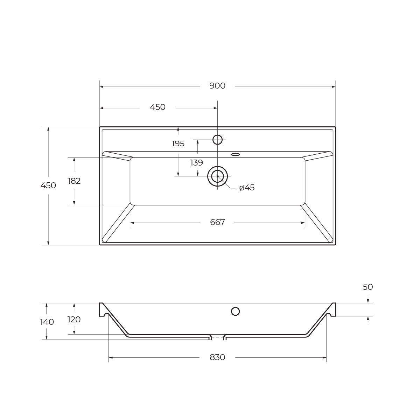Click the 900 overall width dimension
(217, 86)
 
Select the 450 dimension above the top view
(157, 107)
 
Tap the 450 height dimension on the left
(48, 185)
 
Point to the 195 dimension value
(178, 144)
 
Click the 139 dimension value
(196, 163)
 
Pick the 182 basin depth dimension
(74, 181)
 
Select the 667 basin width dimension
(217, 222)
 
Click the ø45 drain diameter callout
(247, 188)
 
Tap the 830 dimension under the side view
(217, 357)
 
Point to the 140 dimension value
(47, 322)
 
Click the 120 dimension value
(74, 320)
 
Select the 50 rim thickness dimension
(367, 287)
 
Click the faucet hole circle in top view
(217, 140)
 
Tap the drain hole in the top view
(217, 176)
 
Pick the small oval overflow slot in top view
(236, 154)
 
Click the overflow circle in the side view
(235, 311)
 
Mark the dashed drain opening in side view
(217, 337)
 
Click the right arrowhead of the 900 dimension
(334, 87)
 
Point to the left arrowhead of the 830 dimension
(111, 357)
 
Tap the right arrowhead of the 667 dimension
(303, 223)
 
